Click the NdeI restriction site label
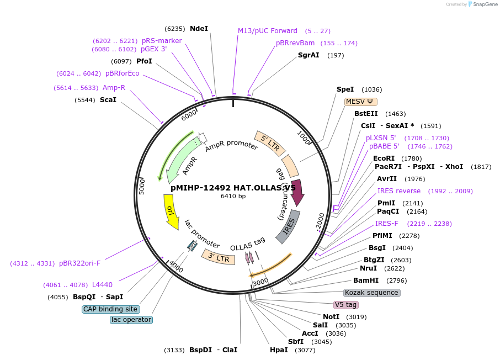pos(199,28)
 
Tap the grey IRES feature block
pos(288,226)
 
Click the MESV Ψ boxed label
pos(360,102)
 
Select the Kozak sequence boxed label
pos(371,293)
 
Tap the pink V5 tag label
pos(346,305)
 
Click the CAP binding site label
pos(110,309)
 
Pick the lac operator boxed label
pos(131,320)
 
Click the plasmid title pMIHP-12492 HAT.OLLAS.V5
pos(233,187)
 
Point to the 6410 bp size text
pos(233,196)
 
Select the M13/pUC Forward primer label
pos(267,31)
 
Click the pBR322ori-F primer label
pos(79,263)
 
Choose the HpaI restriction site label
pos(279,350)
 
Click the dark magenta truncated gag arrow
pos(297,193)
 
